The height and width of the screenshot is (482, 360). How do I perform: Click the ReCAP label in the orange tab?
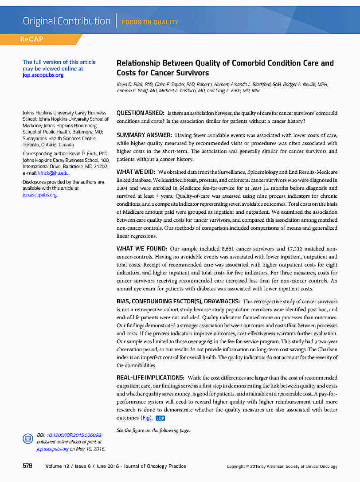coord(31,39)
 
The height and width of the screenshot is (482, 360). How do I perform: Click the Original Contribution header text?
coord(67,21)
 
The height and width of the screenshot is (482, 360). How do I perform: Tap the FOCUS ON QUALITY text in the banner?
coord(150,22)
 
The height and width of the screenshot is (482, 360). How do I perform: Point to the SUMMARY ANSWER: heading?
coord(144,134)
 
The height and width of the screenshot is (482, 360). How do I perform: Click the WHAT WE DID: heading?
coord(136,171)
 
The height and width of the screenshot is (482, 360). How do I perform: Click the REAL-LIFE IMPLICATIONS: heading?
coord(150,377)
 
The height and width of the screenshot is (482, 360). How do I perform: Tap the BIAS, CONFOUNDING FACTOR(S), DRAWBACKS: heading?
coord(178,301)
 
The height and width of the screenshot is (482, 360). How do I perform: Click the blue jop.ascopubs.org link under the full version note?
coord(43,75)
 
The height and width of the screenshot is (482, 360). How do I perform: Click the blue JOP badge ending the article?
coord(160,418)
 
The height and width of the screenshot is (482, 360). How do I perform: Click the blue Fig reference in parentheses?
coord(145,418)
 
